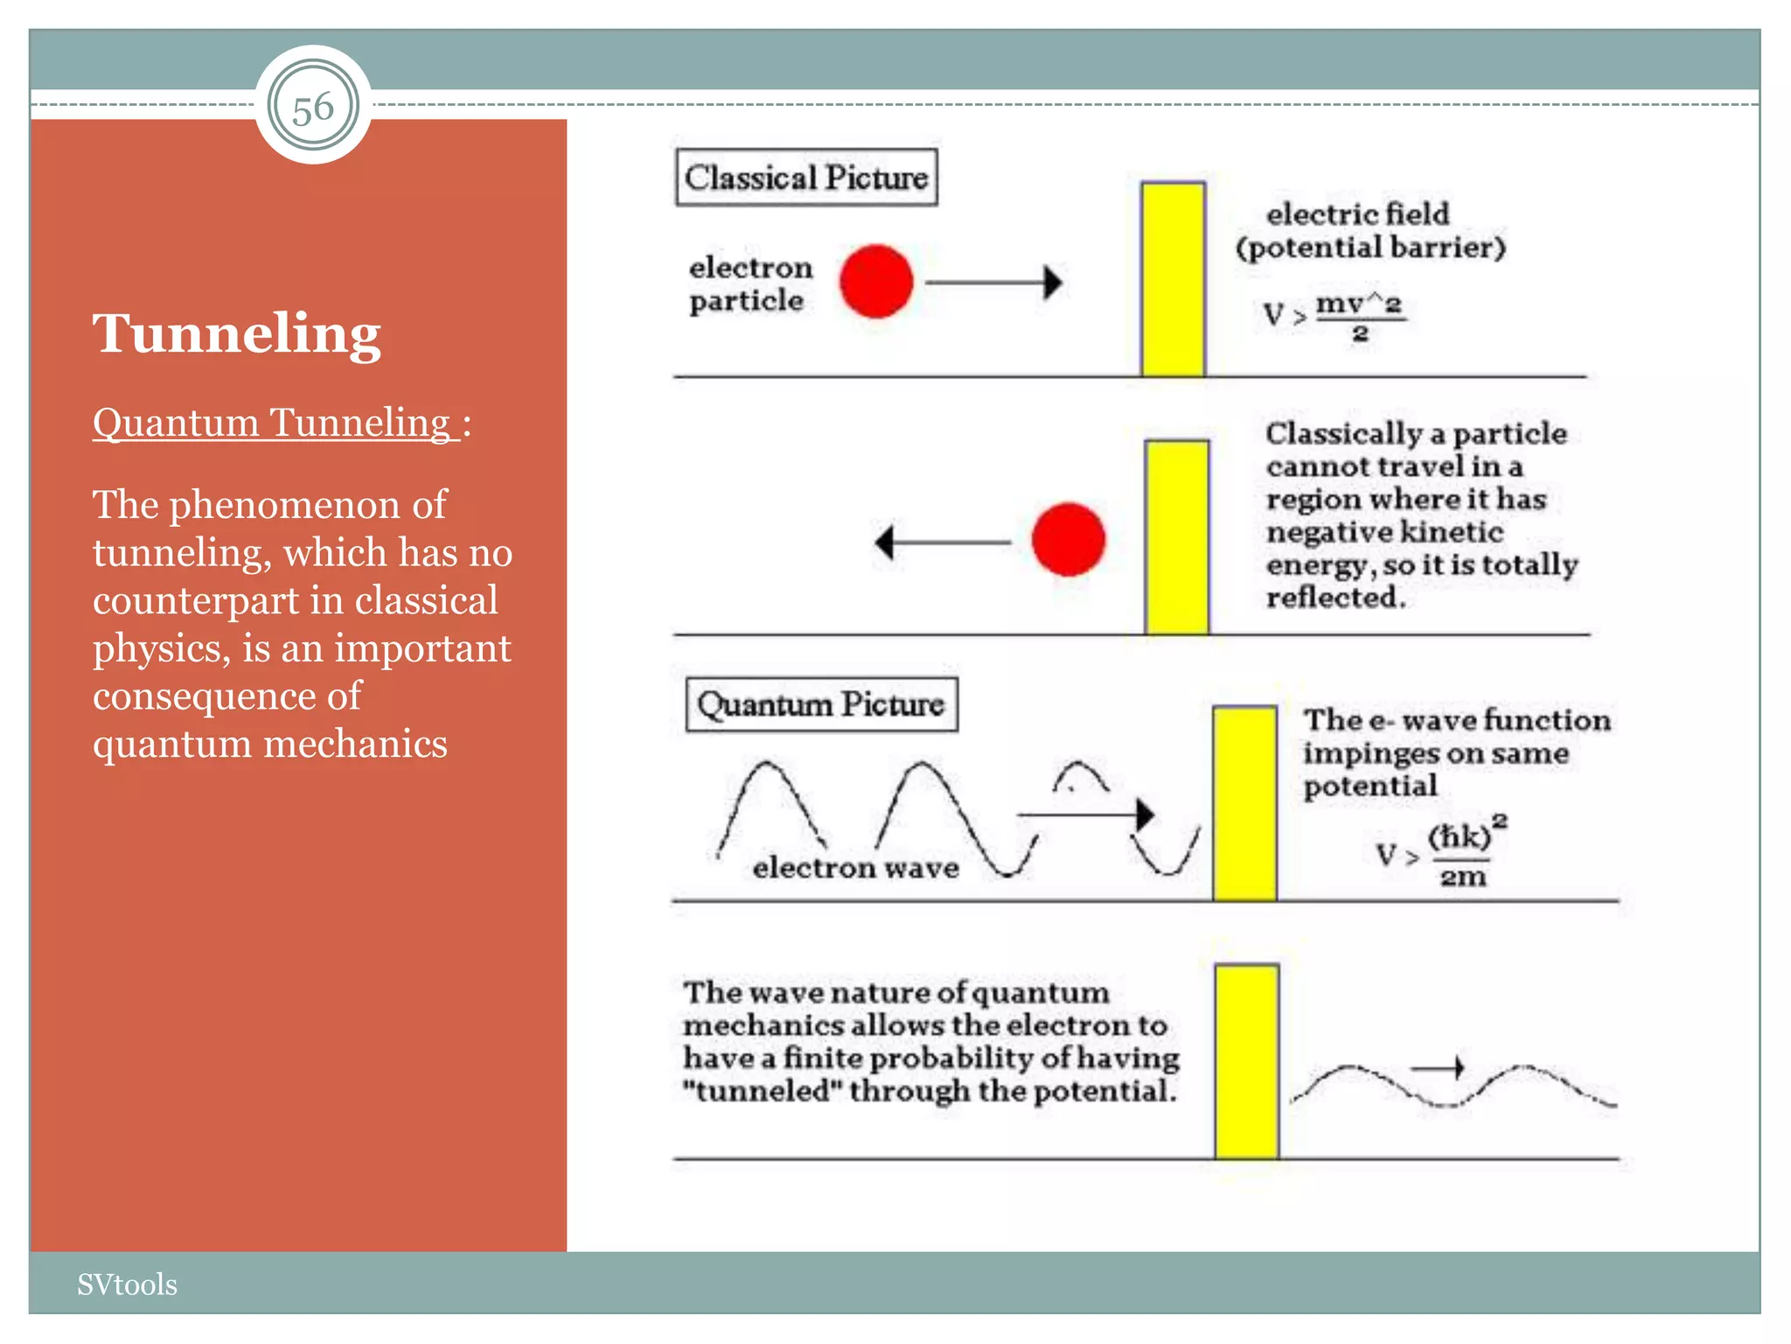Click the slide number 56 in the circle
[313, 108]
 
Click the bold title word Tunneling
[237, 333]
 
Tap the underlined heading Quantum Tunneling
[275, 423]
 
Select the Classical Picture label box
[806, 178]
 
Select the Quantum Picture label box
[821, 704]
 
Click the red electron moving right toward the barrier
[876, 282]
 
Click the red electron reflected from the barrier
[1068, 539]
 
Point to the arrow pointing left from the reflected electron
[943, 542]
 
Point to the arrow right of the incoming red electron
[993, 283]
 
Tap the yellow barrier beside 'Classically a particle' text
[1177, 537]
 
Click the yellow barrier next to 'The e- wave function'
[1244, 803]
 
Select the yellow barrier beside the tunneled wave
[1247, 1061]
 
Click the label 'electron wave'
[855, 868]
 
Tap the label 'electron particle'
[750, 283]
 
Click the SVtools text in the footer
[127, 1284]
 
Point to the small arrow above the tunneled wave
[1438, 1067]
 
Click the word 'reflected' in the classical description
[1335, 598]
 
